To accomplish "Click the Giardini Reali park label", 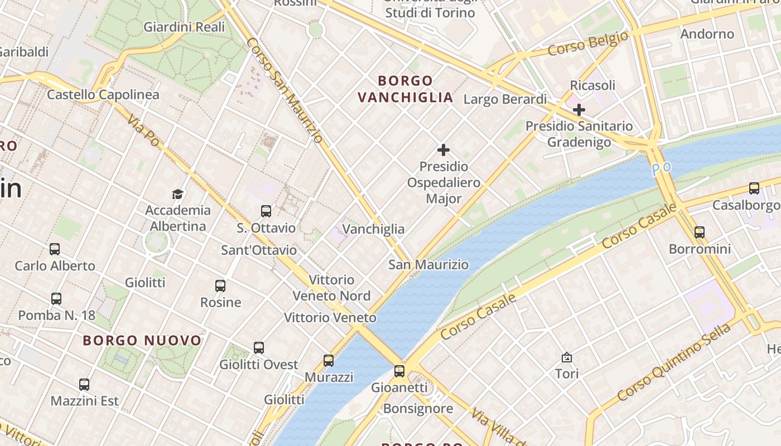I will coord(184,27).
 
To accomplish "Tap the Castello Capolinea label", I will coord(103,94).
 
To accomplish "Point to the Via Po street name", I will coord(143,130).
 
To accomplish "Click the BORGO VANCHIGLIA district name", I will coord(405,89).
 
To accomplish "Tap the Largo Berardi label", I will coord(505,99).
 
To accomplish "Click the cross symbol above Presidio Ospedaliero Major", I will coord(443,150).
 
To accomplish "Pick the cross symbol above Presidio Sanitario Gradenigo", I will coord(579,110).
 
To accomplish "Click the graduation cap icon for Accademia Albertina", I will coord(177,194).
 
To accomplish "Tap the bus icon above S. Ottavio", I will coord(266,211).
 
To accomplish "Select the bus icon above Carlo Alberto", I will coord(55,249).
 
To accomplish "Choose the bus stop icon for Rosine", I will coord(220,286).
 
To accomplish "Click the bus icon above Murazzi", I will coord(329,361).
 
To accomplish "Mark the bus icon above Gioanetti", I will coord(399,371).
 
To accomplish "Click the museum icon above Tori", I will coord(567,357).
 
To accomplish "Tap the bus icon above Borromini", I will coord(700,232).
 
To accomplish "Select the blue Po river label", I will coord(661,167).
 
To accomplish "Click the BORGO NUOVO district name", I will coord(142,340).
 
